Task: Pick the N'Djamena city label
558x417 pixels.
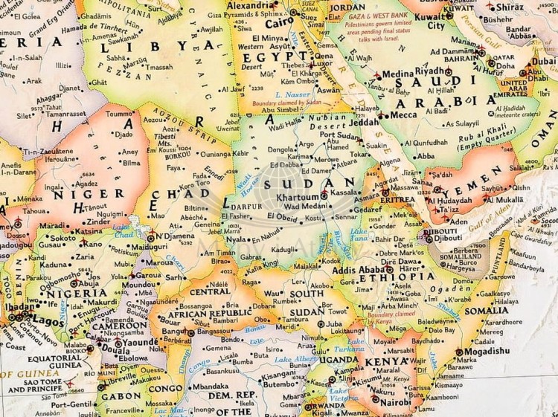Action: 174,237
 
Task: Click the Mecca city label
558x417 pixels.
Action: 403,115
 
